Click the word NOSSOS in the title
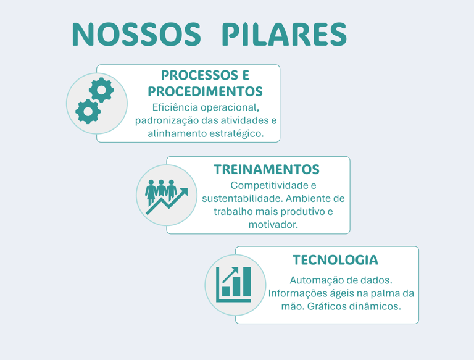pyautogui.click(x=136, y=35)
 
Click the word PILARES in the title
pyautogui.click(x=283, y=35)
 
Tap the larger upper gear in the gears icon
pyautogui.click(x=101, y=90)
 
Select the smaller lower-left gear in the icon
pyautogui.click(x=88, y=111)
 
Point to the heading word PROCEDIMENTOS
pyautogui.click(x=205, y=91)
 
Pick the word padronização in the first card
pyautogui.click(x=163, y=120)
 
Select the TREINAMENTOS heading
pyautogui.click(x=266, y=169)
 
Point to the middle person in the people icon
pyautogui.click(x=161, y=189)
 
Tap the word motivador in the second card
pyautogui.click(x=273, y=225)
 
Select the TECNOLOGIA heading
pyautogui.click(x=335, y=260)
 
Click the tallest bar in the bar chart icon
pyautogui.click(x=247, y=282)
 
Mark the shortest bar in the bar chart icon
pyautogui.click(x=226, y=290)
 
